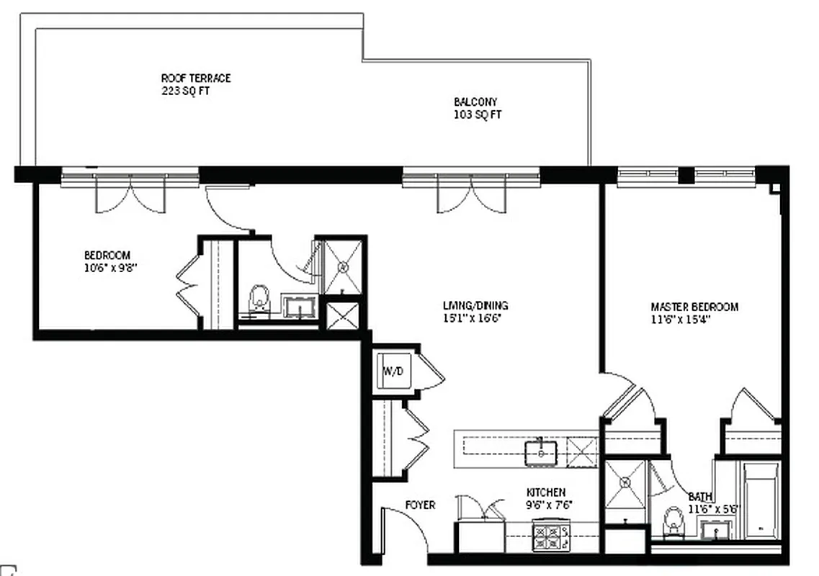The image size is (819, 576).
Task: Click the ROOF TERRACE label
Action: coord(196,78)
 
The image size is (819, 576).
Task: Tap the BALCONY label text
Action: coord(475,102)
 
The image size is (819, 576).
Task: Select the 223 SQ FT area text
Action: coord(185,91)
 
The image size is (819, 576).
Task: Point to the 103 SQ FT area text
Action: coord(478,115)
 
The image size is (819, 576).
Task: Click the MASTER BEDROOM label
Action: coord(694,307)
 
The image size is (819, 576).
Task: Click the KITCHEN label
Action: coord(545,492)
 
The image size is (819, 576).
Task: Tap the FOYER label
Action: coord(420,505)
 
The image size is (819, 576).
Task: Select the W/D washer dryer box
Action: coord(393,372)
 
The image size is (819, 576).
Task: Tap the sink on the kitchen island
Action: coord(540,453)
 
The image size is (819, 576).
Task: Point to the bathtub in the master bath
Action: coord(761,500)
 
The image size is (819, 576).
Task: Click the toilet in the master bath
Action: coord(674,521)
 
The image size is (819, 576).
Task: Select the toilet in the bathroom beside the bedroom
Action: coord(259,300)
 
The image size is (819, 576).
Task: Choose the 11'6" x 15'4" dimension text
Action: coord(681,320)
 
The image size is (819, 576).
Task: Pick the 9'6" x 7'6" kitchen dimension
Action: coord(550,505)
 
